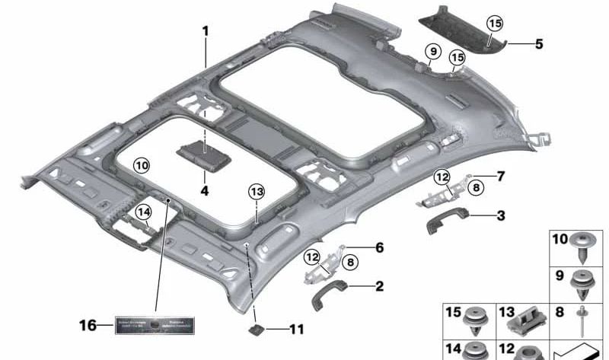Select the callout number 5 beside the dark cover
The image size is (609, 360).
539,44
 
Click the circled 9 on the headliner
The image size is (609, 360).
432,52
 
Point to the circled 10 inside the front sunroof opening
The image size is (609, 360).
142,164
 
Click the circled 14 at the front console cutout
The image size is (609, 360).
144,212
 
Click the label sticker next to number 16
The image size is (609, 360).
156,326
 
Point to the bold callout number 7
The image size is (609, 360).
500,177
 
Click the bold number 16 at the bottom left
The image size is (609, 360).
88,326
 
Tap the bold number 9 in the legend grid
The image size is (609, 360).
560,275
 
